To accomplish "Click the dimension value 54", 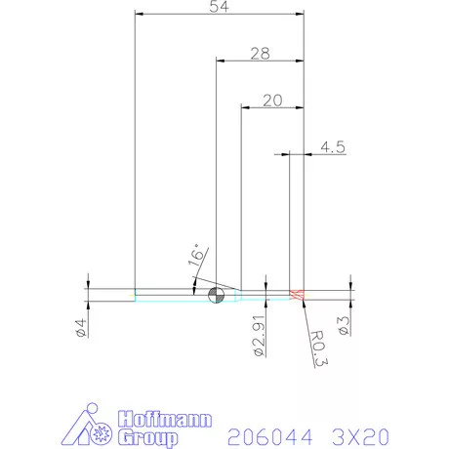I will pos(220,7).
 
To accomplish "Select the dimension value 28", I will pos(259,54).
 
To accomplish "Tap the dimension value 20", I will pos(272,100).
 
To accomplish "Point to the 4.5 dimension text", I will pos(332,147).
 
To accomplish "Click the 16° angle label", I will pos(196,258).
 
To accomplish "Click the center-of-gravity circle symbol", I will pos(214,296).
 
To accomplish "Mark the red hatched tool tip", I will pos(298,295).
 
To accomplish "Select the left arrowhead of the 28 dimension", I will pos(219,61).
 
